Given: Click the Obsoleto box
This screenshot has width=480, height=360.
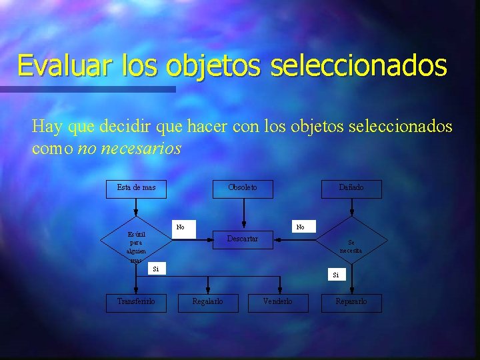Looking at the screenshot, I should point(243,188).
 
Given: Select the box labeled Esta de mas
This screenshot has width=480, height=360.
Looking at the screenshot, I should point(137,188).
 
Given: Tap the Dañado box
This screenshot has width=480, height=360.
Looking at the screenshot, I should point(351,188).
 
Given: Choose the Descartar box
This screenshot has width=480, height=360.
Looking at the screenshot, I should point(243,239).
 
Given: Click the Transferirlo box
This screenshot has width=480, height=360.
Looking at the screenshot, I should point(137,302).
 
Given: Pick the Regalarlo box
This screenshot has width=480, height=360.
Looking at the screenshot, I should point(207,302).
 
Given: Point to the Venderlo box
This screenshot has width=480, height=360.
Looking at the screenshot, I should point(277,302).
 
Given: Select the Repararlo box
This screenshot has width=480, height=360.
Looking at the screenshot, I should point(351,302).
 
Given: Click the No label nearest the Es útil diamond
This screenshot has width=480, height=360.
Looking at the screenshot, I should point(181,227).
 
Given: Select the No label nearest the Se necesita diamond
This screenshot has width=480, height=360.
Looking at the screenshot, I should point(300,227).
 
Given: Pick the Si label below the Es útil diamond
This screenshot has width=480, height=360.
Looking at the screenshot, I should point(156,269).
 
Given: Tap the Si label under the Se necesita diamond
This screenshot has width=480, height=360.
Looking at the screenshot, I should point(336,275).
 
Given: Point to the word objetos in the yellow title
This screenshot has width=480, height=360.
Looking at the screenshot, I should point(214,65).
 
